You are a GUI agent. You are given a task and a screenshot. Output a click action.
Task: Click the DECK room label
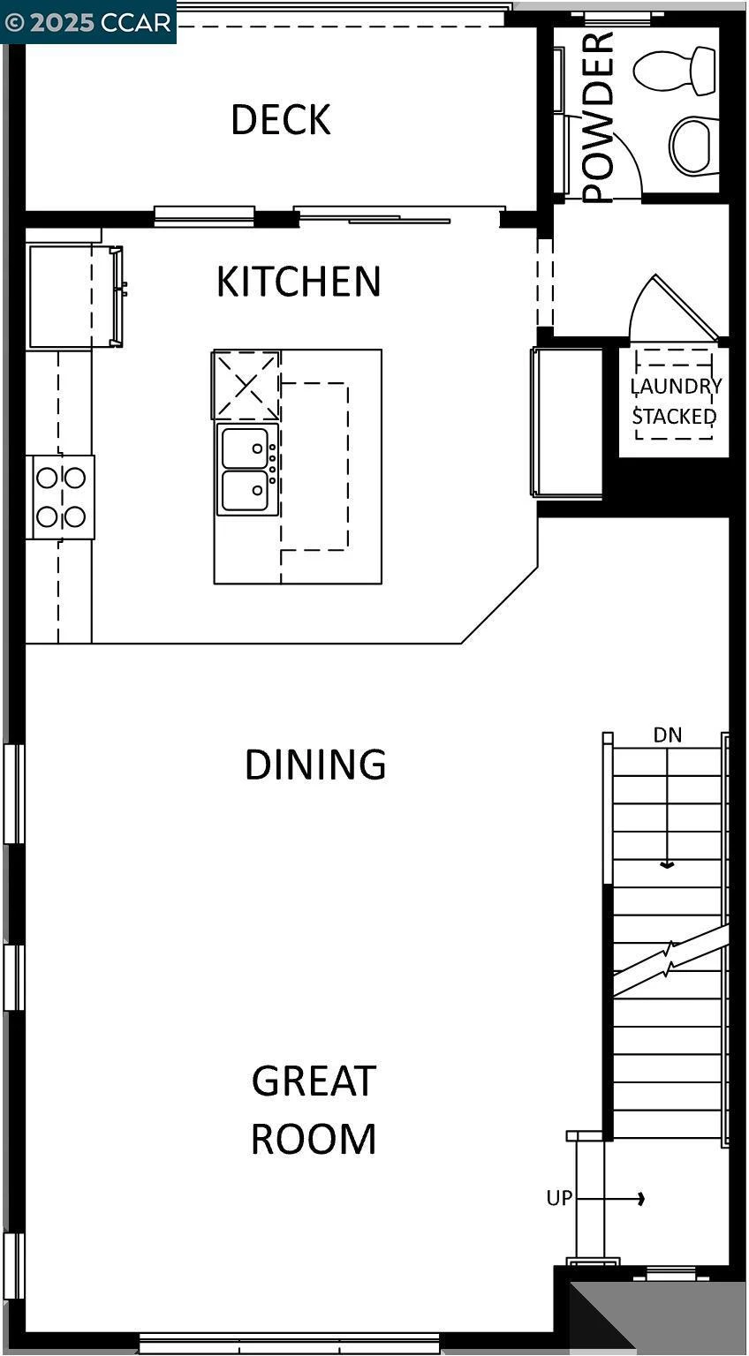(281, 120)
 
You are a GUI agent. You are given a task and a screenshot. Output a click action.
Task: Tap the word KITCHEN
(299, 282)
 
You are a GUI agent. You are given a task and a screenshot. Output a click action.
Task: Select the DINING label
(315, 765)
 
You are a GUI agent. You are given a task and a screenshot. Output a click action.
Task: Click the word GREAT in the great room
(314, 1081)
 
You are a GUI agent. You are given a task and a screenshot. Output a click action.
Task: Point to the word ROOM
(314, 1139)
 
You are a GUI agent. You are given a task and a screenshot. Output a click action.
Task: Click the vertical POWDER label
(598, 117)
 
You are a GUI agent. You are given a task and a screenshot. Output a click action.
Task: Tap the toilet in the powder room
(675, 71)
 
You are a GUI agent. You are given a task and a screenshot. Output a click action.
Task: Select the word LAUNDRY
(676, 386)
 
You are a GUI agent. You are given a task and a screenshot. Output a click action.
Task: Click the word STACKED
(674, 416)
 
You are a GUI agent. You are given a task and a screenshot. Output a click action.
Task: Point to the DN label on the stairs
(668, 734)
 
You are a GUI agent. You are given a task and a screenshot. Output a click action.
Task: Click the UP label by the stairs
(559, 1198)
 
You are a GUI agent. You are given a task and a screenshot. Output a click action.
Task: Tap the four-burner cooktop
(61, 497)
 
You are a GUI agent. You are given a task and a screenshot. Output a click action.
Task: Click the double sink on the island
(246, 470)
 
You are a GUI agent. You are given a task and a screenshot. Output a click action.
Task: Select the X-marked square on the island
(246, 384)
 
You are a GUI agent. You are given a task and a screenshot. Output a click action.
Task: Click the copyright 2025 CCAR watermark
(87, 21)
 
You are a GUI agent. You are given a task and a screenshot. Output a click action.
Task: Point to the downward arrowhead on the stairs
(668, 865)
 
